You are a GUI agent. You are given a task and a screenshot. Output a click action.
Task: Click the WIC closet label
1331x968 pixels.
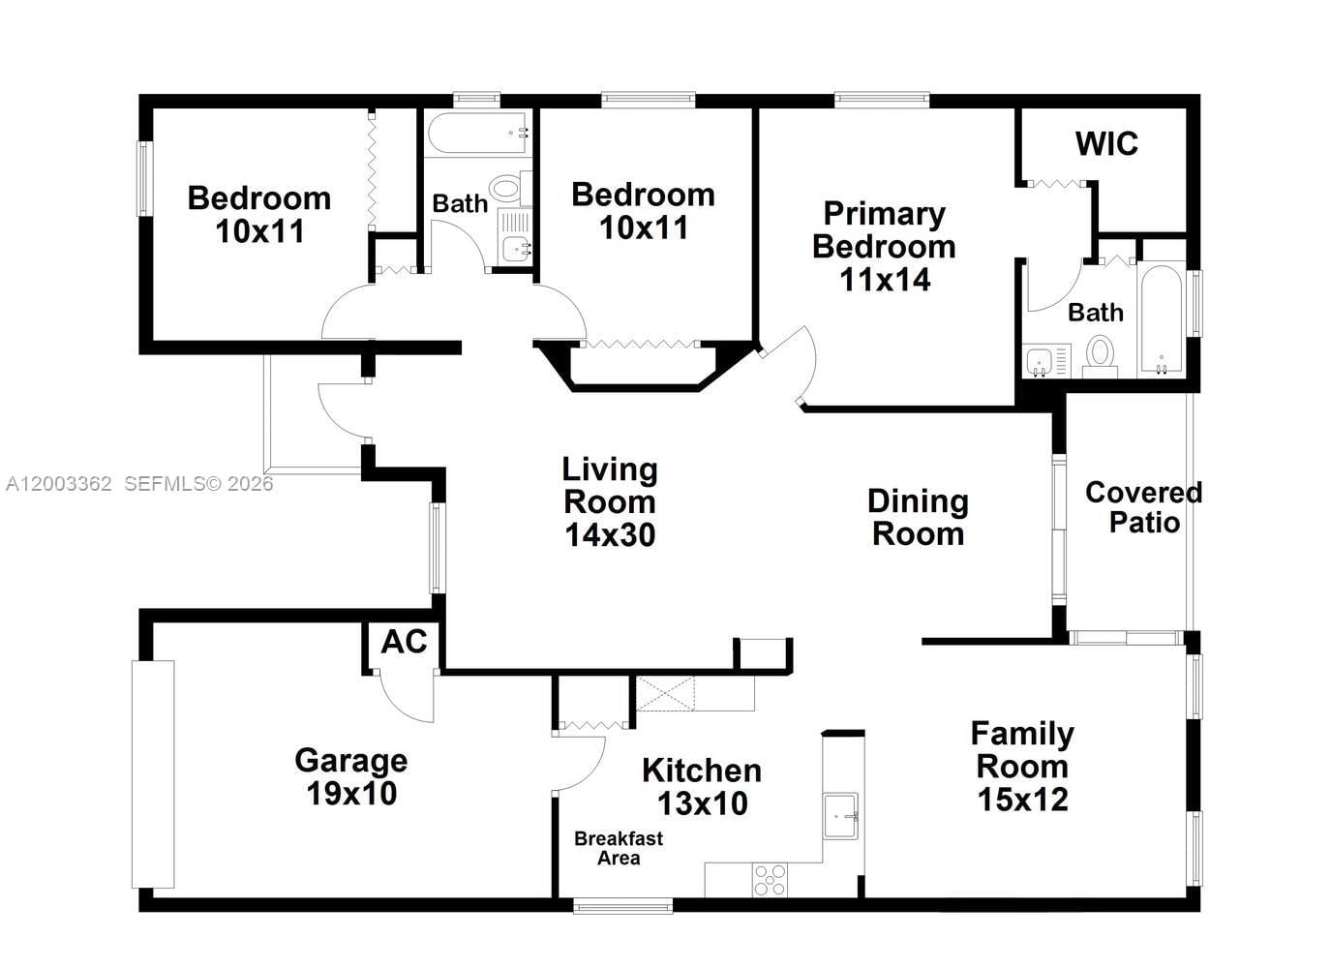click(1106, 144)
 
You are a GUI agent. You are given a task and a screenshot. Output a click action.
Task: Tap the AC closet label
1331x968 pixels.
click(404, 642)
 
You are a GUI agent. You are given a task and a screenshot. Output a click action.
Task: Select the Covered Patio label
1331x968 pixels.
click(1143, 507)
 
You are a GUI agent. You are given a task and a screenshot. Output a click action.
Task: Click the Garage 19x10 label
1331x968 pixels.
click(350, 776)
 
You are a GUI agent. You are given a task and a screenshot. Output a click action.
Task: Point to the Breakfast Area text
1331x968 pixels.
click(619, 848)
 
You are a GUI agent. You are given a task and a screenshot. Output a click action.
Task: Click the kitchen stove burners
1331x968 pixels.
click(771, 880)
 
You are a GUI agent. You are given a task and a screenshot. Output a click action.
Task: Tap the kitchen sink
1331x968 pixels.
click(840, 816)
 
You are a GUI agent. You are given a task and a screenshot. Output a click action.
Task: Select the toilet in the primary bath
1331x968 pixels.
click(1101, 354)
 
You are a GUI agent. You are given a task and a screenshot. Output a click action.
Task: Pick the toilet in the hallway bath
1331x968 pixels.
click(507, 187)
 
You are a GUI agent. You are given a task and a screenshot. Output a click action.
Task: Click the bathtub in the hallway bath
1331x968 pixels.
click(478, 133)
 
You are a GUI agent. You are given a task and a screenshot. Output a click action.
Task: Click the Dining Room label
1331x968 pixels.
click(918, 517)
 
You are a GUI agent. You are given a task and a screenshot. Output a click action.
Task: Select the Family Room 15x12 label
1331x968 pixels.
click(1022, 766)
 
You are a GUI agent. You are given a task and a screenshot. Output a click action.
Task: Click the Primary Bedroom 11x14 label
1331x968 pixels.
click(884, 246)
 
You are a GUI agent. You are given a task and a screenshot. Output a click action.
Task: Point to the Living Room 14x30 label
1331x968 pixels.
click(610, 501)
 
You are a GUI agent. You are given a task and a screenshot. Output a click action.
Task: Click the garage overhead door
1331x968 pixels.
click(153, 773)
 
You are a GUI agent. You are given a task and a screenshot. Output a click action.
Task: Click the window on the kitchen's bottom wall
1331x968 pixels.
click(622, 907)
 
